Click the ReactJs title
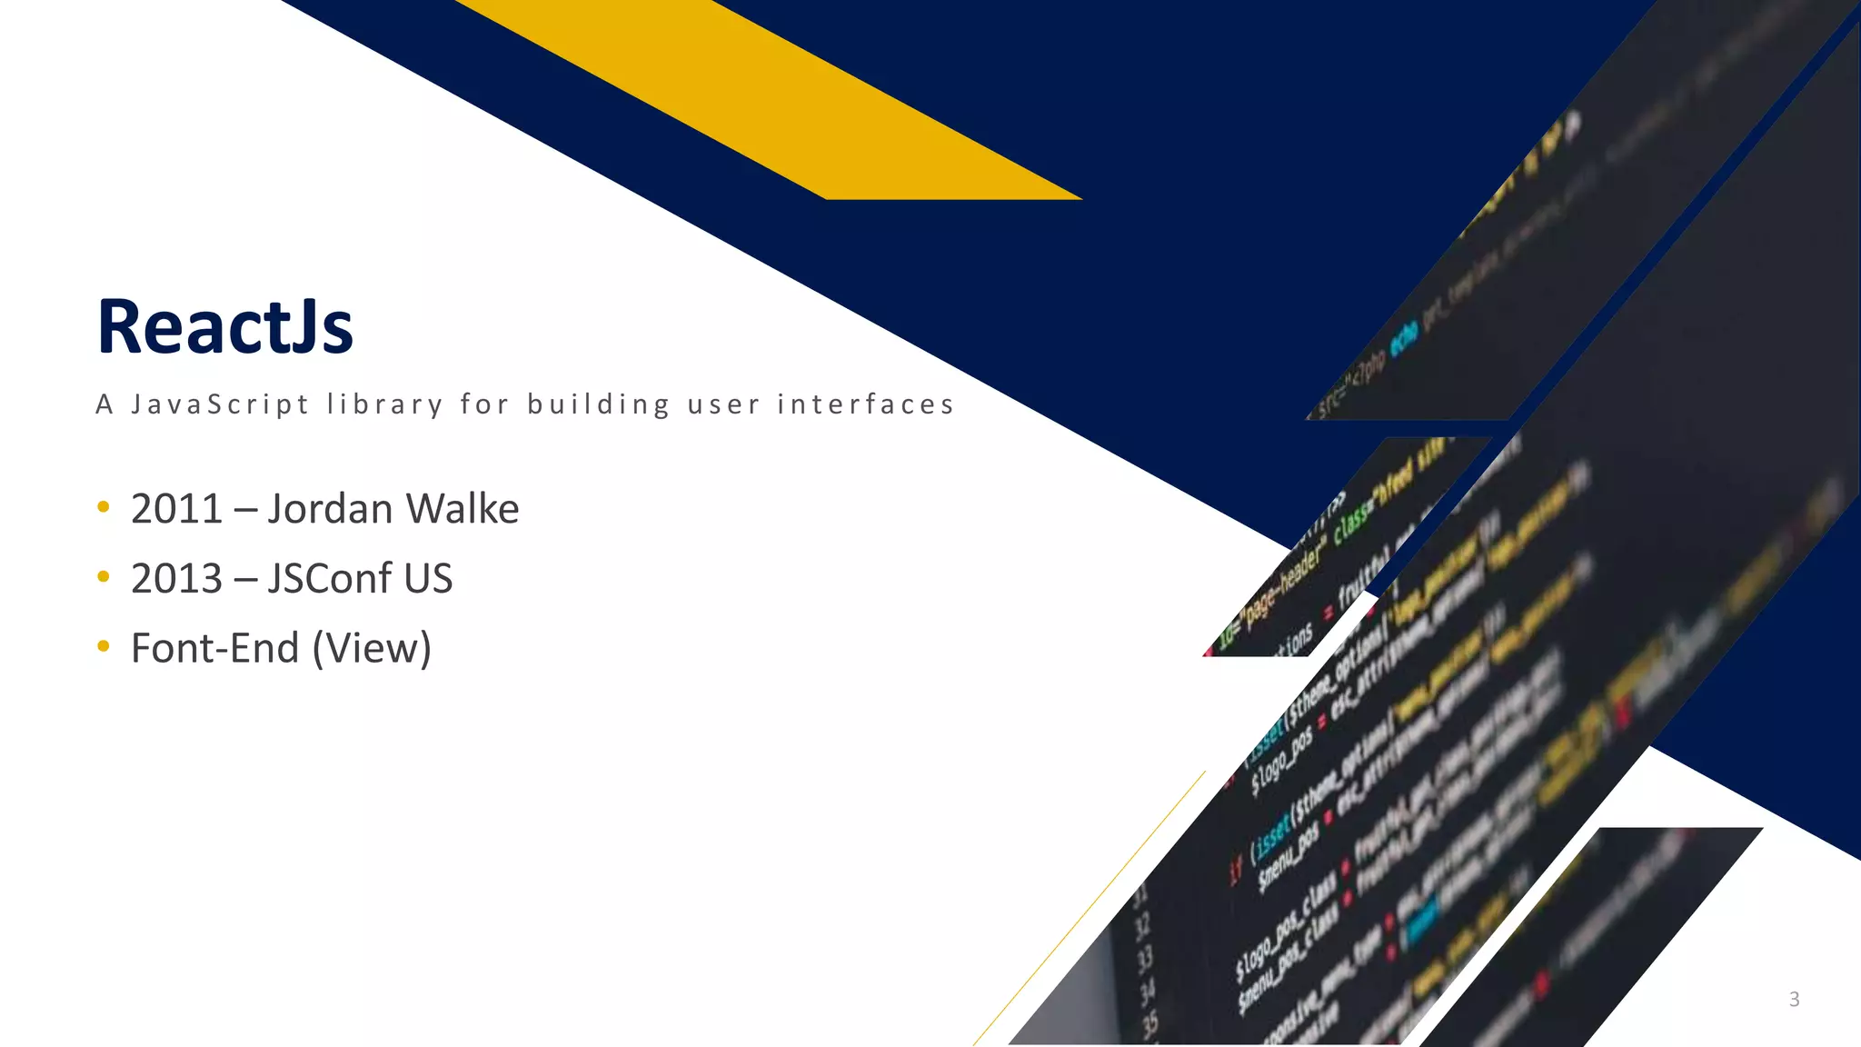pyautogui.click(x=224, y=327)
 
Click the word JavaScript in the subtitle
pyautogui.click(x=220, y=404)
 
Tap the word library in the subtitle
pyautogui.click(x=384, y=404)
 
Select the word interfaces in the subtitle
pyautogui.click(x=865, y=404)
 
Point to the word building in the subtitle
pyautogui.click(x=599, y=404)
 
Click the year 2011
pyautogui.click(x=176, y=509)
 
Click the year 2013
pyautogui.click(x=176, y=579)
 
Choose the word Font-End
pyautogui.click(x=214, y=649)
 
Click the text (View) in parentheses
pyautogui.click(x=372, y=649)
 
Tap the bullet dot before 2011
pyautogui.click(x=104, y=507)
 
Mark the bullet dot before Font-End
pyautogui.click(x=104, y=646)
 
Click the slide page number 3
pyautogui.click(x=1794, y=1000)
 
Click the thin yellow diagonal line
pyautogui.click(x=1090, y=909)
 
